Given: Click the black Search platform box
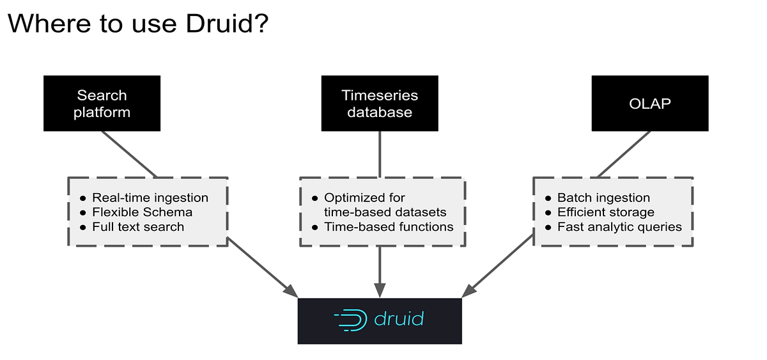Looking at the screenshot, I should [102, 104].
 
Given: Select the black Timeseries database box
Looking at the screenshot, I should [380, 104].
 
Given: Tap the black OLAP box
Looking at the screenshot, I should [649, 104].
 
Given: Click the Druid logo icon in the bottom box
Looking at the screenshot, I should [350, 320].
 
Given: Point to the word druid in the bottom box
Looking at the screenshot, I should [399, 319].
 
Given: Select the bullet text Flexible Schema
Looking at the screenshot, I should [142, 212].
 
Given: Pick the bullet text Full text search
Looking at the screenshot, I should [138, 227].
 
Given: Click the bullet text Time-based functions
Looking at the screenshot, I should [389, 227].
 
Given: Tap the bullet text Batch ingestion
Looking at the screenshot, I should [603, 198].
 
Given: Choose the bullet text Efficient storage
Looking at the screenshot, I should [606, 212].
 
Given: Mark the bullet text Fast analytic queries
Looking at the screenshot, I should [619, 227].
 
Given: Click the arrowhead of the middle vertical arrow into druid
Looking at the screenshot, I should [380, 291].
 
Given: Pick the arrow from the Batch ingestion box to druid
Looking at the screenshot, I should [502, 265].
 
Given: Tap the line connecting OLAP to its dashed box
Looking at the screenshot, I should [624, 153].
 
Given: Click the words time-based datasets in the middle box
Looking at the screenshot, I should [385, 212].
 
